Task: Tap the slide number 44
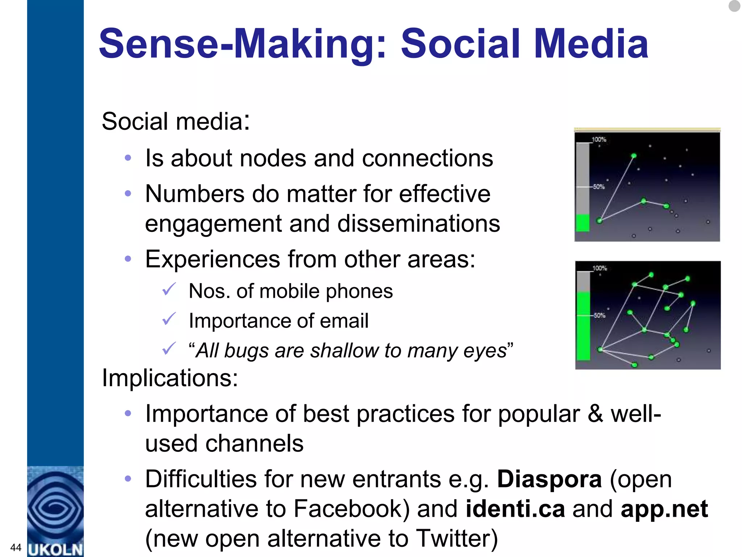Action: point(16,547)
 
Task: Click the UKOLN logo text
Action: point(55,549)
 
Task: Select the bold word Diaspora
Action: point(549,479)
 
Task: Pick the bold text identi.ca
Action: point(515,509)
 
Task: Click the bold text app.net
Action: point(664,509)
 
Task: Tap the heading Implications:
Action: point(170,378)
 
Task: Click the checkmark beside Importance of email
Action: point(169,319)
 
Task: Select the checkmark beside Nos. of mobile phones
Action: point(169,289)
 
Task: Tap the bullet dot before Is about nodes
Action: point(128,158)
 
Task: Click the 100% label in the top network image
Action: point(599,140)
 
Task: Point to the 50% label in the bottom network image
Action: point(599,315)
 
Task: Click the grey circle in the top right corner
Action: point(734,6)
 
